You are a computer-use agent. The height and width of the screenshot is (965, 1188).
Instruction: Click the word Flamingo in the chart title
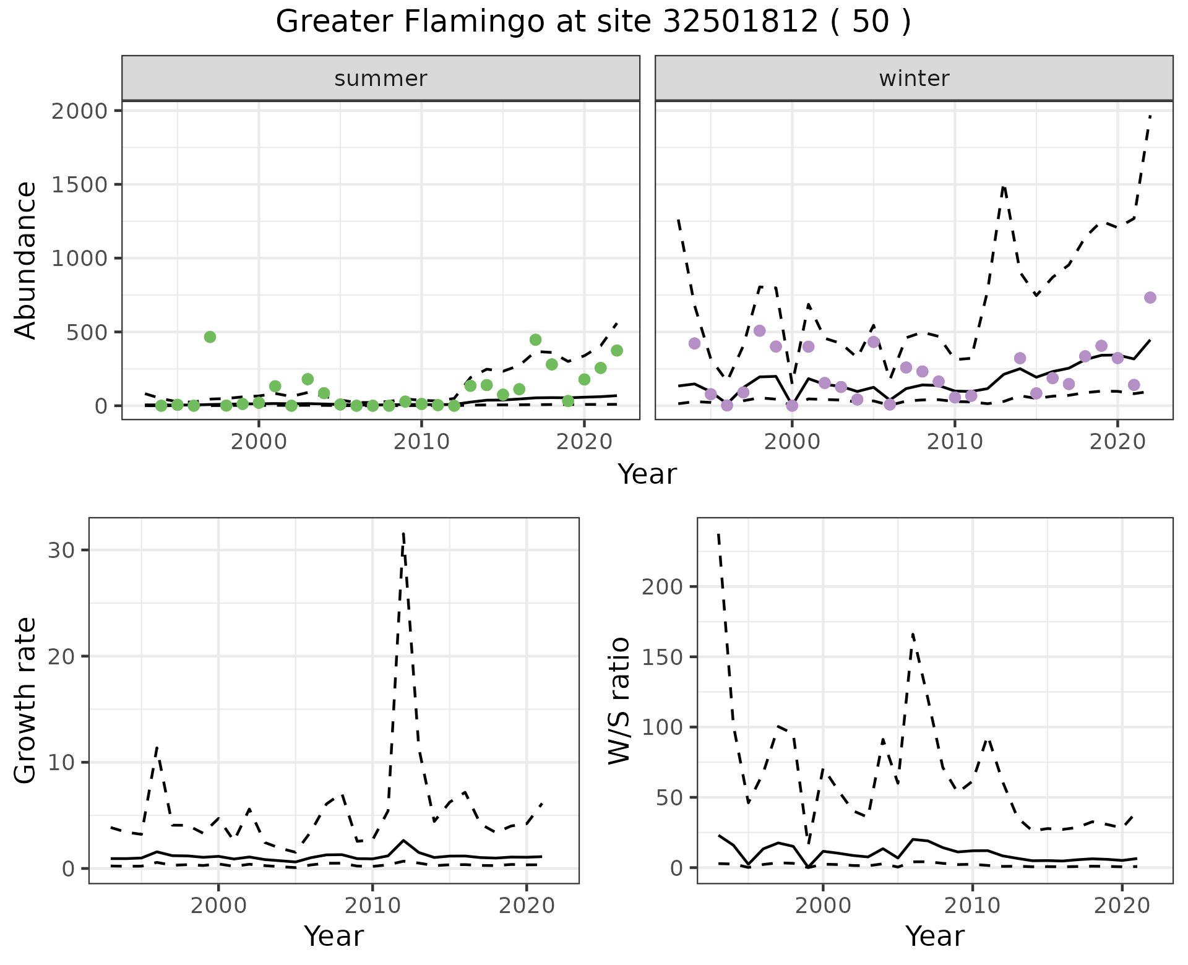(455, 22)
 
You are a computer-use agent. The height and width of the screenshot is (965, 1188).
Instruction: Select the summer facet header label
(381, 79)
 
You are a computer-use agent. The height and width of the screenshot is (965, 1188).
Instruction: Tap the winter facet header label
(914, 79)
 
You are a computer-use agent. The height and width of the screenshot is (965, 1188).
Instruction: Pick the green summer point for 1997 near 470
(210, 337)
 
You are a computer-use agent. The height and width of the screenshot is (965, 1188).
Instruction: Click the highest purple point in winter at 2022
(1150, 298)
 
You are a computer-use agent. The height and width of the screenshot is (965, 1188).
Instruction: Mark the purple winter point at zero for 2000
(792, 406)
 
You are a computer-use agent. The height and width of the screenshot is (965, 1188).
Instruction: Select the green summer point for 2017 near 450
(536, 340)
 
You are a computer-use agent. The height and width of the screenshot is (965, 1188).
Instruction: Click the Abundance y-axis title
(26, 260)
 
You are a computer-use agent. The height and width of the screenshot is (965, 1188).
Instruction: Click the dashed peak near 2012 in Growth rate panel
(403, 533)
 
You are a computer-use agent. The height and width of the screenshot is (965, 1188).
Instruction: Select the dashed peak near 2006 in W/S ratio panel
(913, 634)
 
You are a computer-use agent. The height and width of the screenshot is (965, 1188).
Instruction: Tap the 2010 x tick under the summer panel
(421, 444)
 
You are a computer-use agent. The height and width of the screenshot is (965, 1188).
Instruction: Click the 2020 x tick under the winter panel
(1117, 444)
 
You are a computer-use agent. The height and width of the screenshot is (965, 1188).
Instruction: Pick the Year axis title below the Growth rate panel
(334, 936)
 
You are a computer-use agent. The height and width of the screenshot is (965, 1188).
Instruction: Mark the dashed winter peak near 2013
(1004, 186)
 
